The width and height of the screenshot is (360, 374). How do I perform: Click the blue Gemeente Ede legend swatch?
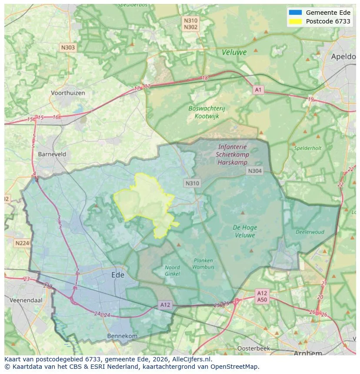click(x=295, y=13)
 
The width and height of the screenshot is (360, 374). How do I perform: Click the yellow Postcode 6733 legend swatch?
click(x=295, y=21)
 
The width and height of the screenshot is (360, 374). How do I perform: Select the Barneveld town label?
click(x=52, y=154)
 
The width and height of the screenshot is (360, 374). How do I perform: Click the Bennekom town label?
click(x=122, y=336)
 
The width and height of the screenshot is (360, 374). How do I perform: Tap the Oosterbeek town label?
click(x=253, y=348)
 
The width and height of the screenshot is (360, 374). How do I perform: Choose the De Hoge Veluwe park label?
click(x=245, y=231)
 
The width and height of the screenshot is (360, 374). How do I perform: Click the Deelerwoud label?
click(x=310, y=232)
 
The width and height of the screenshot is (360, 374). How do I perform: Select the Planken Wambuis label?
click(x=203, y=264)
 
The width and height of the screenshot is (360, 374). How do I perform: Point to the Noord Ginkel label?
click(x=172, y=270)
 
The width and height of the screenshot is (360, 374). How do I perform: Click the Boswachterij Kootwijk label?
click(x=207, y=112)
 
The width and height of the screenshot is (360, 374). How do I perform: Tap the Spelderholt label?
click(x=308, y=148)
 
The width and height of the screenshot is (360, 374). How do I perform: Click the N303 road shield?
click(x=68, y=48)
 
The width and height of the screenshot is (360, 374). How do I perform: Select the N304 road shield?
click(x=255, y=171)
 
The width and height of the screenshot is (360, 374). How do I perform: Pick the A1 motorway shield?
click(x=258, y=90)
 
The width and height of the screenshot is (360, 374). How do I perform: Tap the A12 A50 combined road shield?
click(x=262, y=296)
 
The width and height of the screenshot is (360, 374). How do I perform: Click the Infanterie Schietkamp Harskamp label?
click(x=232, y=154)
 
